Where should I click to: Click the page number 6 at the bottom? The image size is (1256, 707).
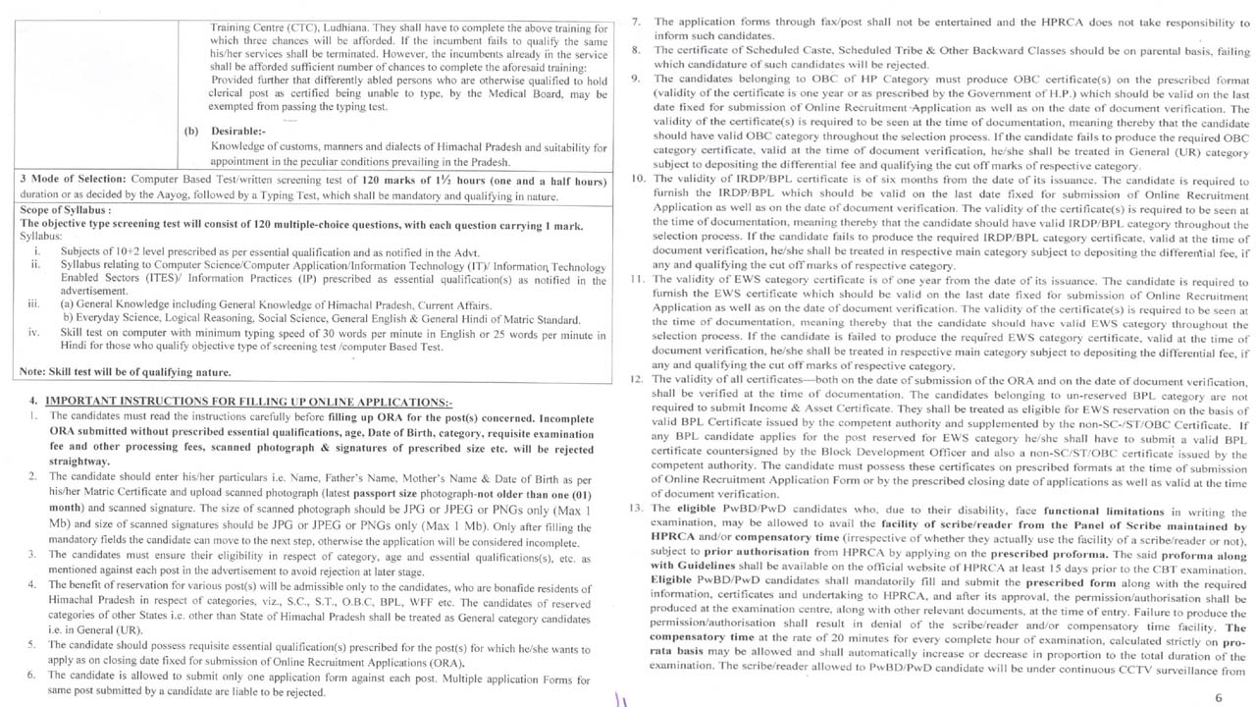pos(1218,697)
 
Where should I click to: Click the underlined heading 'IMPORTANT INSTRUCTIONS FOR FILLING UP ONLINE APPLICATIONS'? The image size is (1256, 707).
pos(248,402)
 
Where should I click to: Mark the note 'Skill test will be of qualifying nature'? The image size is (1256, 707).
pos(126,372)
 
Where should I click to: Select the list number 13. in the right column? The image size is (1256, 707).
pos(636,508)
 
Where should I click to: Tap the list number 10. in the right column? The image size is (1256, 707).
pos(636,179)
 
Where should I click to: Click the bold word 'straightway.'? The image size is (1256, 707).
pos(79,461)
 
